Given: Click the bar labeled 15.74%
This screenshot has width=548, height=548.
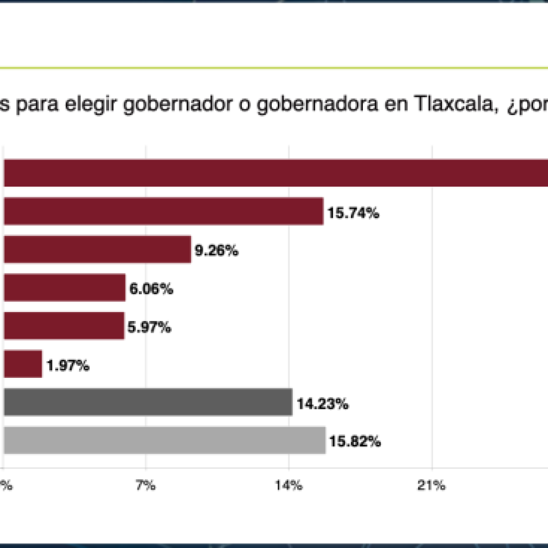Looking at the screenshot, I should point(163,211).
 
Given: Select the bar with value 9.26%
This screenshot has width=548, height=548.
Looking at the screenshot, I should point(97,249).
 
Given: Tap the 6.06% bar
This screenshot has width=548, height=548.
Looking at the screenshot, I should point(64,288).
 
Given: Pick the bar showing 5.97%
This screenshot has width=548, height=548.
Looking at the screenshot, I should point(64,326).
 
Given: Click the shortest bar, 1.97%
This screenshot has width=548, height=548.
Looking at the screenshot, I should point(22,364).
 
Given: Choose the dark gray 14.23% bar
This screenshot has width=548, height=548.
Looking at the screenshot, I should point(148,402).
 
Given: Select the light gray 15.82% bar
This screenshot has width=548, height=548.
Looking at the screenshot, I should point(164,441).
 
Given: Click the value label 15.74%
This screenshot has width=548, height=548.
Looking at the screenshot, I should point(354,213).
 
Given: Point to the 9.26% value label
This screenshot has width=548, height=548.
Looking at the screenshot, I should point(217,251).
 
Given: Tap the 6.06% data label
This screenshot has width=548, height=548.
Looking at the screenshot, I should point(151,290).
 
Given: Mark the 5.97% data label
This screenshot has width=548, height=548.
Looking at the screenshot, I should point(150,328).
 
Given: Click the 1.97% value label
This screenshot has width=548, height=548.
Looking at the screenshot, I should point(68,367).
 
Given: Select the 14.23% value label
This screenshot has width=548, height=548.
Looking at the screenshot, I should point(323,405).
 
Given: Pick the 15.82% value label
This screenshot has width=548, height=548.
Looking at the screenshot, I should point(355,443).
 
